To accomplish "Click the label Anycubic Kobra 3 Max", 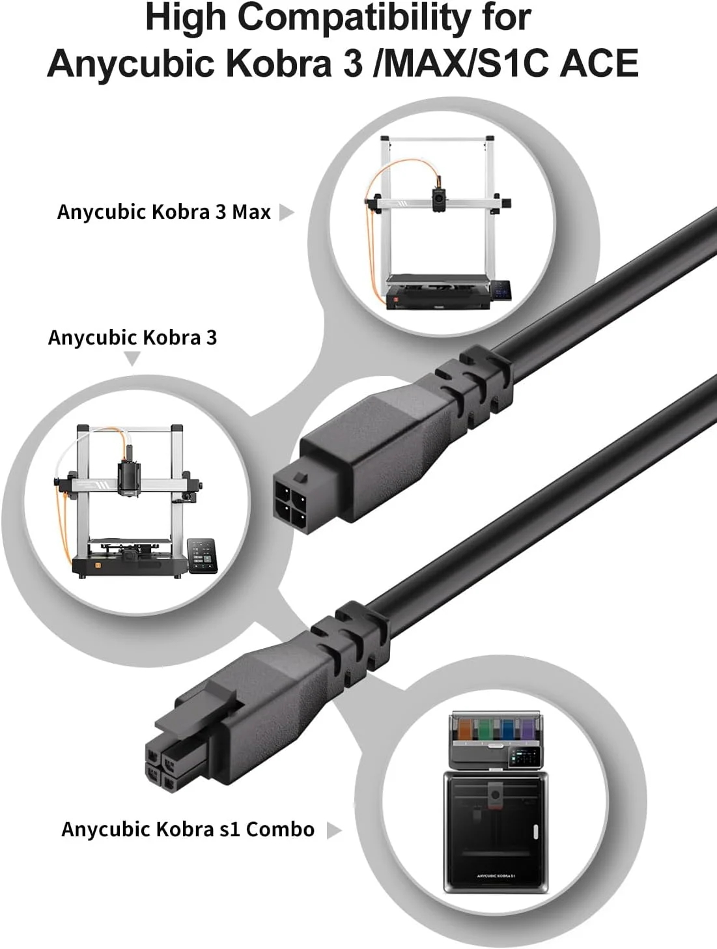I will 163,212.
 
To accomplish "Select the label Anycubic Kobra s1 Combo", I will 188,829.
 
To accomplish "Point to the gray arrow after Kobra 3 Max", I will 286,212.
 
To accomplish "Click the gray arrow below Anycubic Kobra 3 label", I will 132,358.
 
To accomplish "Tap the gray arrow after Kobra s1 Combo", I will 333,830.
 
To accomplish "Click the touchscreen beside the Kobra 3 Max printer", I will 501,289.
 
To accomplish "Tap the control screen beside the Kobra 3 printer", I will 202,556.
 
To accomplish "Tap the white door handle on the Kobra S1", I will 536,832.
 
